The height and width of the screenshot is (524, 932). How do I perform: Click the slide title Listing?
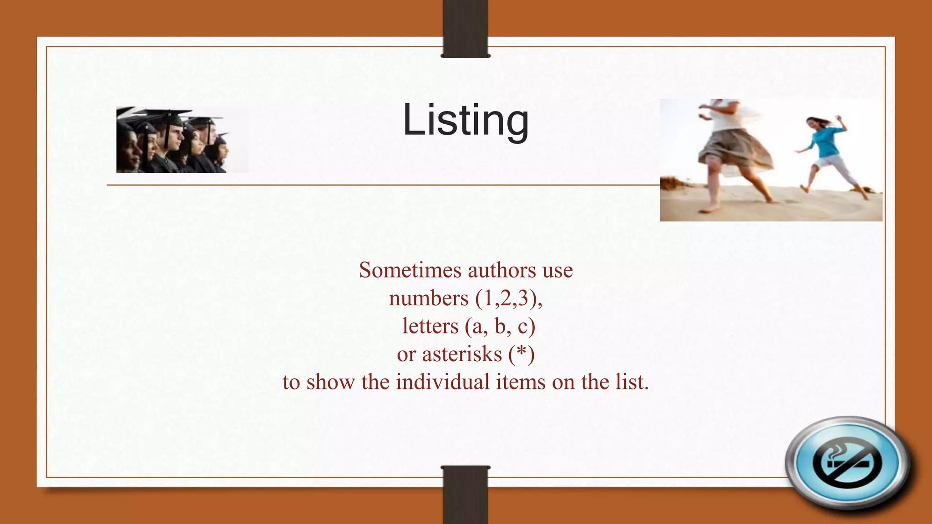click(466, 120)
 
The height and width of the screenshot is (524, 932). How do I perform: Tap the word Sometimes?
click(410, 270)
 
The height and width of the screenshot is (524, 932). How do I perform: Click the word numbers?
click(428, 298)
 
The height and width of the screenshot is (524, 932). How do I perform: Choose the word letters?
click(430, 326)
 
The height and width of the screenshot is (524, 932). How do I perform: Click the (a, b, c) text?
click(500, 326)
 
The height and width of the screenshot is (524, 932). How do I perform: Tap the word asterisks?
click(461, 354)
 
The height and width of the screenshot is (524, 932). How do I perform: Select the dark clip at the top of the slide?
click(466, 28)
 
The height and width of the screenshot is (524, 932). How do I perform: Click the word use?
click(557, 270)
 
